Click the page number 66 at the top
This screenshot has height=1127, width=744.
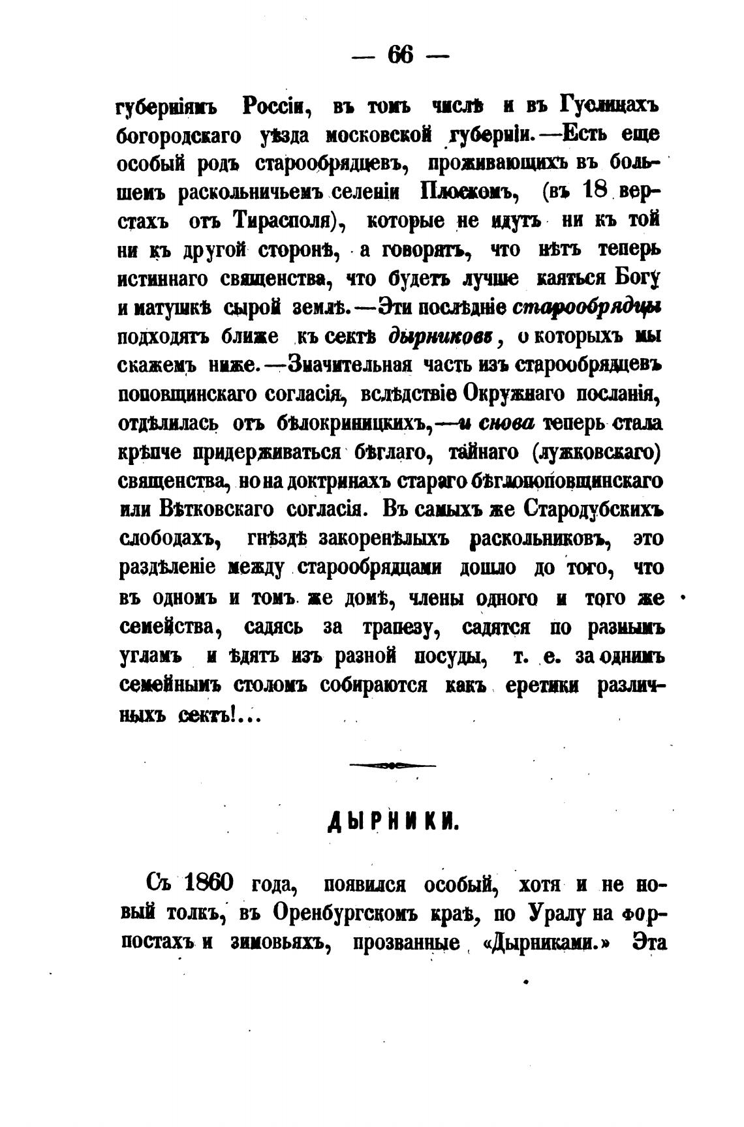[400, 55]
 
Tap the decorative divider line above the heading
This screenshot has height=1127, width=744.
[392, 766]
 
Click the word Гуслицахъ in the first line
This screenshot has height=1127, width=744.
[611, 105]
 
